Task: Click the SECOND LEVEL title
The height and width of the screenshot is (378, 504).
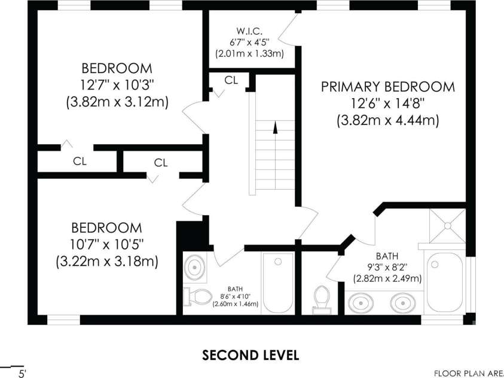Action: coord(251,355)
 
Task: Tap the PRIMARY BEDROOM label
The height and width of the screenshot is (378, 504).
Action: coord(388,87)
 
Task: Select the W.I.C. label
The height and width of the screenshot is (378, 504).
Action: coord(249,31)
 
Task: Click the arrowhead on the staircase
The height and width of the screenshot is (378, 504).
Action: coord(275,127)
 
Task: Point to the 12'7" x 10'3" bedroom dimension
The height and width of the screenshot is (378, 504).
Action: coord(117,86)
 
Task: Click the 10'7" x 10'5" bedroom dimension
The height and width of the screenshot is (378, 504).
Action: coord(106,245)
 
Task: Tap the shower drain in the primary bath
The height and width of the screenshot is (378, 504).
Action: coord(447,226)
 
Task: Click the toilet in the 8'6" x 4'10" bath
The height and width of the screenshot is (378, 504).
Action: coord(197,297)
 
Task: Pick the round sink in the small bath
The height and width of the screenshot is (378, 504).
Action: coord(194,267)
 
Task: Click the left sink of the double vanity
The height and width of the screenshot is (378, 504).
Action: coord(361,303)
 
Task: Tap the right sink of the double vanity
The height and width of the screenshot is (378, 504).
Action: coord(403,303)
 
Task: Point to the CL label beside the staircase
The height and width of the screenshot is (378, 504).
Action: coord(231,80)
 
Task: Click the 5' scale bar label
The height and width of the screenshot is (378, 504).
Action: coord(23,373)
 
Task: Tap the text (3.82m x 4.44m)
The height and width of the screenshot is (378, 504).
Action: coord(388,121)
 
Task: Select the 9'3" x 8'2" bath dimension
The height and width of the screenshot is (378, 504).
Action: coord(387,267)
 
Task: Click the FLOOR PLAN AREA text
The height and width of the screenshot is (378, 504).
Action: coord(469,373)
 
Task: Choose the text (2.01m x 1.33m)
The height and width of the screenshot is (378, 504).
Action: coord(249,53)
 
